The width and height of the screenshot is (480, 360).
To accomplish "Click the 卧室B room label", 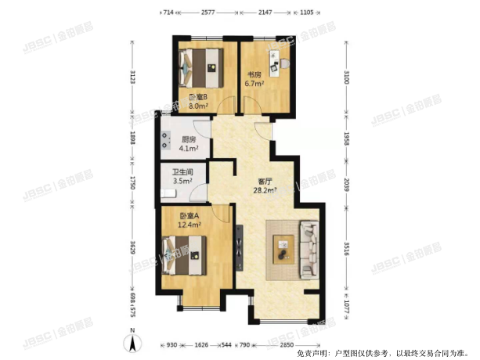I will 197,97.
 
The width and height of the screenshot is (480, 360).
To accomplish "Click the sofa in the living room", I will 309,248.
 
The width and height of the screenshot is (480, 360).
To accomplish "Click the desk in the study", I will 275,59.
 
